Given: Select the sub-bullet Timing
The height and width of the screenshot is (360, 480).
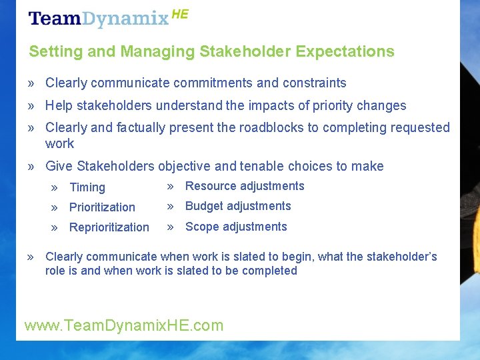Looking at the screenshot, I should click(x=87, y=188).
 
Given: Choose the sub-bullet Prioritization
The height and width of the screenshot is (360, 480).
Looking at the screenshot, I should click(x=102, y=207).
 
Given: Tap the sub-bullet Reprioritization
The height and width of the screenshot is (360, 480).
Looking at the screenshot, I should click(x=109, y=227).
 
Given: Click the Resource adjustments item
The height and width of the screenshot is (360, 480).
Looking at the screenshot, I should click(x=245, y=186).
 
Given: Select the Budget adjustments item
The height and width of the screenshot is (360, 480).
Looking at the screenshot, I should click(x=238, y=206).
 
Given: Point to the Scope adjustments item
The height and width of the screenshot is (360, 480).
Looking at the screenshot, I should click(x=236, y=227).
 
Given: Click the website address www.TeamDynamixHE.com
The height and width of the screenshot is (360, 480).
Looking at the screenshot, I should click(x=124, y=325).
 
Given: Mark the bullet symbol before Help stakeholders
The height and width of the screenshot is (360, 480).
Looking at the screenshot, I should click(x=31, y=106).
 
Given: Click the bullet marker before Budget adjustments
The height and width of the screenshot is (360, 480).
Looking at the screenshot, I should click(x=171, y=206).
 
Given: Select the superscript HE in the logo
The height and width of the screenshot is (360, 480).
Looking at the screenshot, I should click(x=180, y=13).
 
